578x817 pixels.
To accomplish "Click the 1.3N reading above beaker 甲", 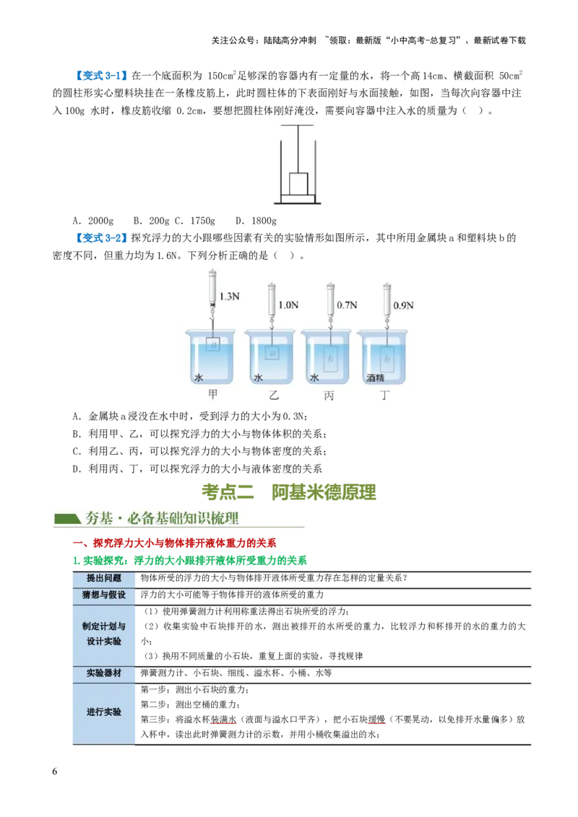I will (x=230, y=296).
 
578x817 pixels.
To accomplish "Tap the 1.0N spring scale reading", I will (x=288, y=305).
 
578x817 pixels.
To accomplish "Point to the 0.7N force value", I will (x=348, y=305).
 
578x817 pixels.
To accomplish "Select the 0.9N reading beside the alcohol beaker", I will (x=404, y=305).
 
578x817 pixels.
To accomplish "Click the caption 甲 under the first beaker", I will (x=212, y=395).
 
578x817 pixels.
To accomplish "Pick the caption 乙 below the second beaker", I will (x=273, y=395).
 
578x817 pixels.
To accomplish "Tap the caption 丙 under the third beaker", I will (x=329, y=395).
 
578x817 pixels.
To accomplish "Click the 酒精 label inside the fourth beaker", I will (x=376, y=378).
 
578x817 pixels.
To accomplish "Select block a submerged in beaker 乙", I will (x=272, y=353).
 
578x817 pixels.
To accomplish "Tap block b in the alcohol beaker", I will (x=388, y=358).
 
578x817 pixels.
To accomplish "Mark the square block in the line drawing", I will (x=299, y=184).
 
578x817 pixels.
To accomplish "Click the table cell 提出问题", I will (x=104, y=578).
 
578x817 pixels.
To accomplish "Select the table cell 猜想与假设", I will (x=104, y=595).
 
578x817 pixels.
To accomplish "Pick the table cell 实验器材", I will (x=104, y=673).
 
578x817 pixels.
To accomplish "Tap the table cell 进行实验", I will (x=104, y=712).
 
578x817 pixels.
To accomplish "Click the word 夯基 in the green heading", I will (x=99, y=519).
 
